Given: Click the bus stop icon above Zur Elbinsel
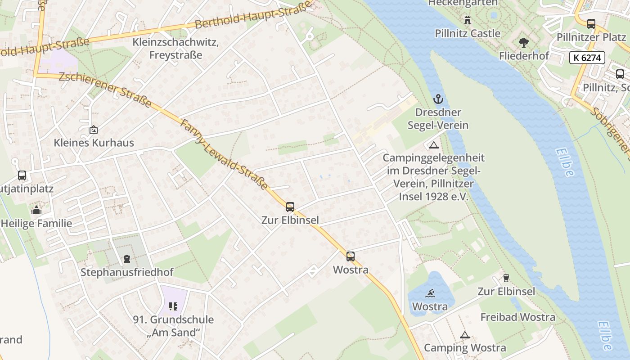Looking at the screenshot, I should click(x=290, y=207).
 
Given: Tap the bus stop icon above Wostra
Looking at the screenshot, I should click(x=351, y=256).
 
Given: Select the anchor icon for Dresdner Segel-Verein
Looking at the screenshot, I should click(x=438, y=99).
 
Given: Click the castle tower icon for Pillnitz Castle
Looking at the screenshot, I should click(x=467, y=20).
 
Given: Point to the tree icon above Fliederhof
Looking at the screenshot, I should click(x=523, y=43).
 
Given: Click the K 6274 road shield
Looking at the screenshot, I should click(x=587, y=58).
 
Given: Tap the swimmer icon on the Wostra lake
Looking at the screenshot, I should click(x=430, y=293).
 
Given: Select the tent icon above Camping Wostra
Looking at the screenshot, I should click(x=464, y=335).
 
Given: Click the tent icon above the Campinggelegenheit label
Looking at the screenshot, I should click(x=433, y=145).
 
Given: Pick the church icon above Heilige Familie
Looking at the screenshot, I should click(x=36, y=210).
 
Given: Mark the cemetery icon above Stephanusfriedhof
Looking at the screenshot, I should click(x=127, y=259).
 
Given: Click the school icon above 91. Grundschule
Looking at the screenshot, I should click(x=173, y=306).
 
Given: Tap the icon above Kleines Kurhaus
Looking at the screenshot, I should click(x=94, y=130).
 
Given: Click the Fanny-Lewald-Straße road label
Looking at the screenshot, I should click(x=224, y=154).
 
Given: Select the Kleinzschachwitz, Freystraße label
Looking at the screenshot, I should click(x=175, y=49).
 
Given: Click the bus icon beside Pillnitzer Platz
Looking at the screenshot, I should click(x=591, y=24).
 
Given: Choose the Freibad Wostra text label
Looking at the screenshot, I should click(x=517, y=317).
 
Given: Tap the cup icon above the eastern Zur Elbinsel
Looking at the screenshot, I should click(x=506, y=278).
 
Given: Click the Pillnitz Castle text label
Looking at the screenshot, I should click(x=467, y=33).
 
